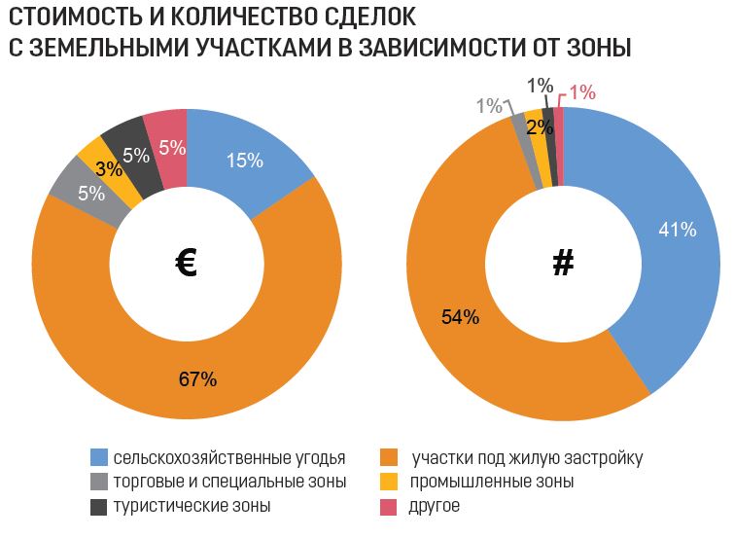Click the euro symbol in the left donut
point(187,263)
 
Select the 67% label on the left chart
point(197,379)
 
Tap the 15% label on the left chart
point(244,161)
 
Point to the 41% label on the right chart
point(678,230)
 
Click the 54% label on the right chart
point(460,316)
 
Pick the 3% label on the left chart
point(109,168)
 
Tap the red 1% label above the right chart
point(582,92)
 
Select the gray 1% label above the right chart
point(489,105)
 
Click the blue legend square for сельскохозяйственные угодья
point(98,457)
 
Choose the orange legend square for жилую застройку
point(391,457)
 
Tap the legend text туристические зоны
point(192,506)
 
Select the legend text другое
point(435,506)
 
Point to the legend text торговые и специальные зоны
point(229,482)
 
